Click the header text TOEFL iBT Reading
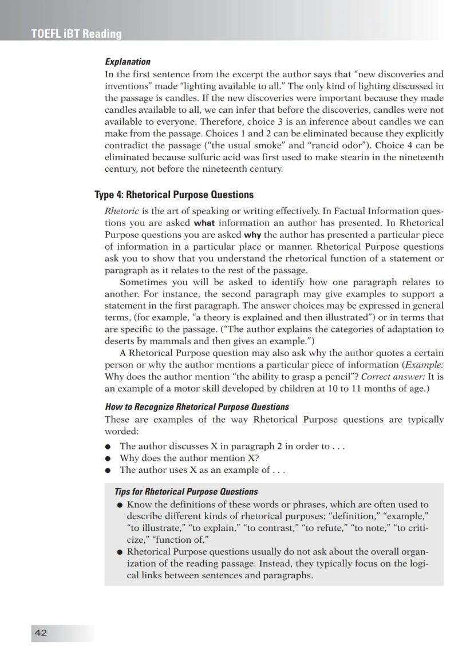tap(76, 34)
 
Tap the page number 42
tap(41, 633)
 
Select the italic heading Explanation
tap(128, 62)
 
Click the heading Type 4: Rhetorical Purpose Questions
tap(173, 195)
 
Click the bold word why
tap(252, 235)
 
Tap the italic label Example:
tap(424, 365)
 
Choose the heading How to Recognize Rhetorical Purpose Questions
tap(197, 407)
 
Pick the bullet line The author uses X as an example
tap(202, 470)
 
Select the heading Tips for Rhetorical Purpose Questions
tap(186, 491)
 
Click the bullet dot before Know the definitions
tap(120, 505)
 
